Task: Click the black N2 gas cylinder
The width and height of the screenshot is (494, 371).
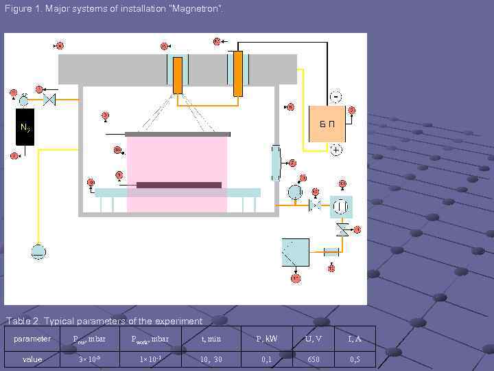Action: pos(24,127)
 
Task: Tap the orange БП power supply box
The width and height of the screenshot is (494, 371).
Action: pos(327,124)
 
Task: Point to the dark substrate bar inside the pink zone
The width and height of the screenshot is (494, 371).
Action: pos(178,185)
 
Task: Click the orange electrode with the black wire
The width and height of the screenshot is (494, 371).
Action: pos(237,73)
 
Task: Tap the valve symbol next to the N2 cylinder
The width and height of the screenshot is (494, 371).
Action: pos(49,100)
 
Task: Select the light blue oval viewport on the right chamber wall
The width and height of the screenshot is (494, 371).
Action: pos(276,164)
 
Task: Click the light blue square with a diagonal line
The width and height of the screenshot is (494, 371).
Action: pos(295,252)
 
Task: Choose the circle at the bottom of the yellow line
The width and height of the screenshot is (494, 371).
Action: pos(38,251)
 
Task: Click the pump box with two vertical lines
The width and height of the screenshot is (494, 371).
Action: pos(340,205)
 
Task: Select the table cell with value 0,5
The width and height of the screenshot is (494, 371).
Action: pos(355,359)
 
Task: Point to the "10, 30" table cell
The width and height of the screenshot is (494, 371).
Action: pos(211,359)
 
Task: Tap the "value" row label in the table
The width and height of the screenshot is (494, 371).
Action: pos(32,359)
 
